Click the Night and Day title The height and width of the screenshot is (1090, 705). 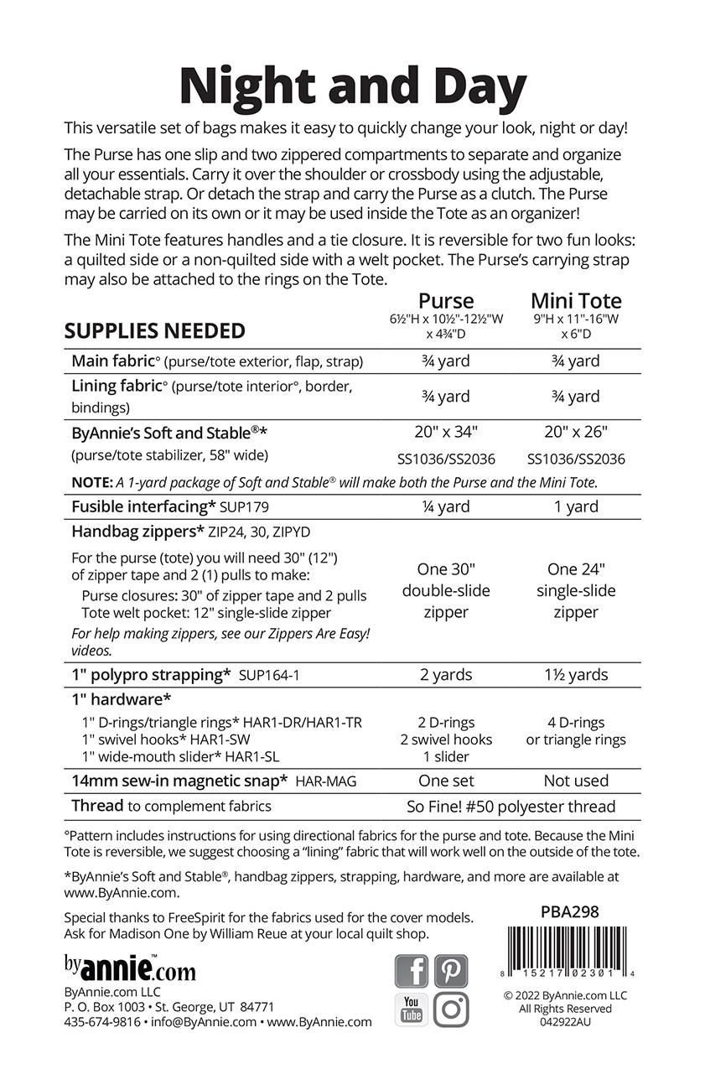352,86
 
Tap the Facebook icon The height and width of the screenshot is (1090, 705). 411,972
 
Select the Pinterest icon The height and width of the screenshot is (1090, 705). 451,972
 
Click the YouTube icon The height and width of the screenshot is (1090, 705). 411,1010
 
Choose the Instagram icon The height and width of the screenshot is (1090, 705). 451,1010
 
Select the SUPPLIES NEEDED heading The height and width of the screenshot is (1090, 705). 155,331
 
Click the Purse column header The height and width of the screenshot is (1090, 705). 446,301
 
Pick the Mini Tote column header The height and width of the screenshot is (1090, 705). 576,301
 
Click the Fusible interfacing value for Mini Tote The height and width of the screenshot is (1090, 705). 576,506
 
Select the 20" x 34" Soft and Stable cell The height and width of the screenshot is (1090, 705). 446,433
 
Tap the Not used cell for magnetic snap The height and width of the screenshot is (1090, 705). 576,781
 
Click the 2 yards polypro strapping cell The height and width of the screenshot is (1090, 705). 446,675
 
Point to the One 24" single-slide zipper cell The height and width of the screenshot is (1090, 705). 576,590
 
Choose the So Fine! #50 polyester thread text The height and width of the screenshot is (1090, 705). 511,807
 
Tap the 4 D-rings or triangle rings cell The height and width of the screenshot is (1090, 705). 576,731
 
